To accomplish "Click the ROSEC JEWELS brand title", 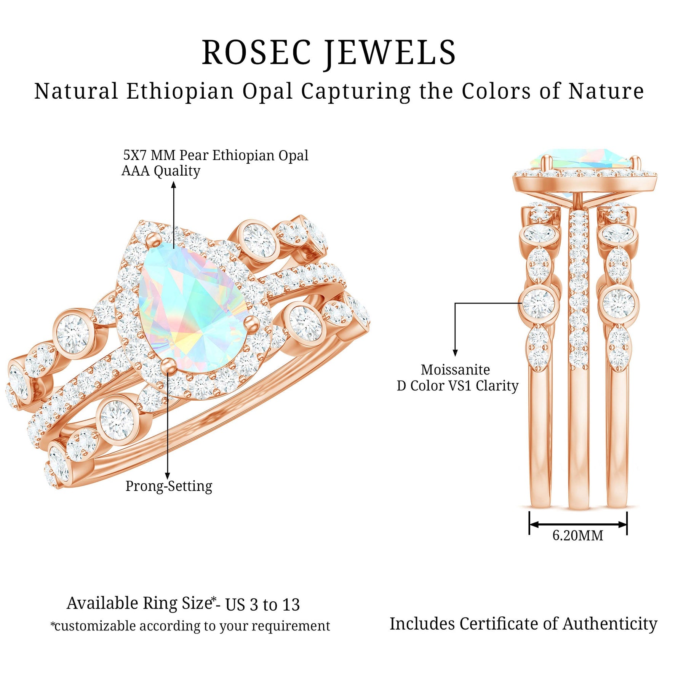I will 329,53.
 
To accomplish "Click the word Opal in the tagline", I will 267,91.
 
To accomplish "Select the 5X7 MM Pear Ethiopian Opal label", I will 216,155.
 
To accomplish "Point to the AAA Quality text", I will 161,171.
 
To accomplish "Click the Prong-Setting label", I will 169,486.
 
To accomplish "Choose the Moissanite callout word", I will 455,370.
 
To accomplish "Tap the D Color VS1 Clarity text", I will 457,386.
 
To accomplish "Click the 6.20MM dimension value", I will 578,536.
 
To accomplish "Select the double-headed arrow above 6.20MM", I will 578,524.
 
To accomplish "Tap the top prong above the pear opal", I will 154,238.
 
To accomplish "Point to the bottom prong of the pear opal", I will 167,365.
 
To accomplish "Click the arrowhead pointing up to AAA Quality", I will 174,185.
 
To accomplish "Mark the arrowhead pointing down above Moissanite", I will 455,353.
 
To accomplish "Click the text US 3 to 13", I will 262,605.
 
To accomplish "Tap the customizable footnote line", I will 190,626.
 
